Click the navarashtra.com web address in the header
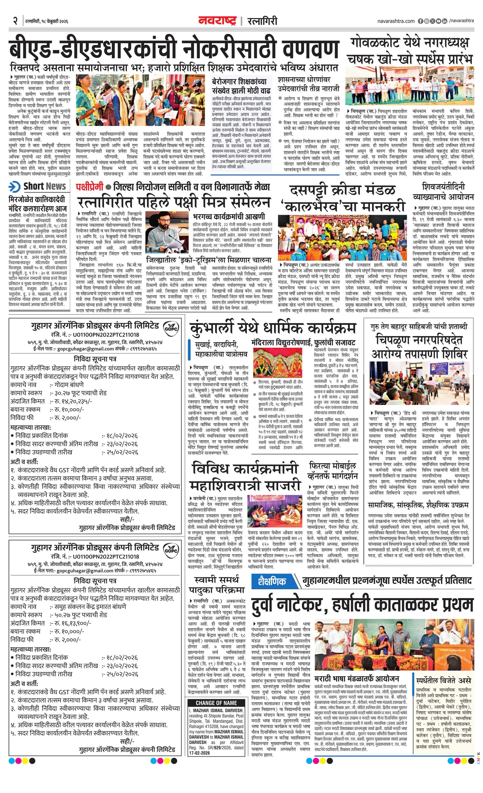click(x=396, y=21)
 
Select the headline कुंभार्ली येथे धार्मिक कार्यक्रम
click(x=273, y=328)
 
